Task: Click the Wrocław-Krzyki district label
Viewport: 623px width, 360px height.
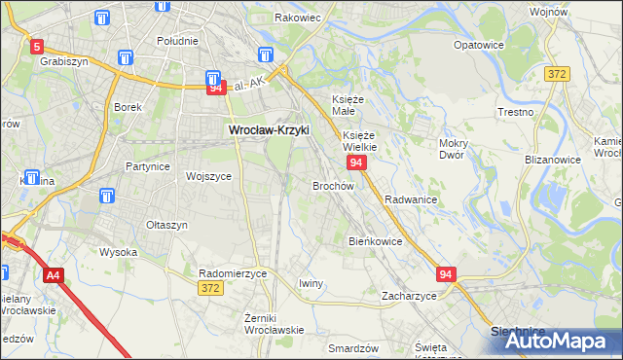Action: point(268,128)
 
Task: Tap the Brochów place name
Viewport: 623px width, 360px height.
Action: point(333,185)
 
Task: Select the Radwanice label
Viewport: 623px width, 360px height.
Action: point(410,198)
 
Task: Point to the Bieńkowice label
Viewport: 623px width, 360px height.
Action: point(376,240)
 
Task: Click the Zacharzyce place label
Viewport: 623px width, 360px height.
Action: point(409,295)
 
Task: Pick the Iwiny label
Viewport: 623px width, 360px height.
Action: point(311,282)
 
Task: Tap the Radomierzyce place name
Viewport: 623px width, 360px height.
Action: point(232,273)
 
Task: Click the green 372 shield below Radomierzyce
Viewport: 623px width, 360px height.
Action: point(209,288)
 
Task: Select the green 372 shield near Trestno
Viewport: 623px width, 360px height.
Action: point(557,74)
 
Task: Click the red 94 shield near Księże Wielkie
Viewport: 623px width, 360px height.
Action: point(357,162)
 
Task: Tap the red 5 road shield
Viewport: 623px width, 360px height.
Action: point(36,45)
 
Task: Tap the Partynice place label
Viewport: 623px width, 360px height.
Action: point(148,166)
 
